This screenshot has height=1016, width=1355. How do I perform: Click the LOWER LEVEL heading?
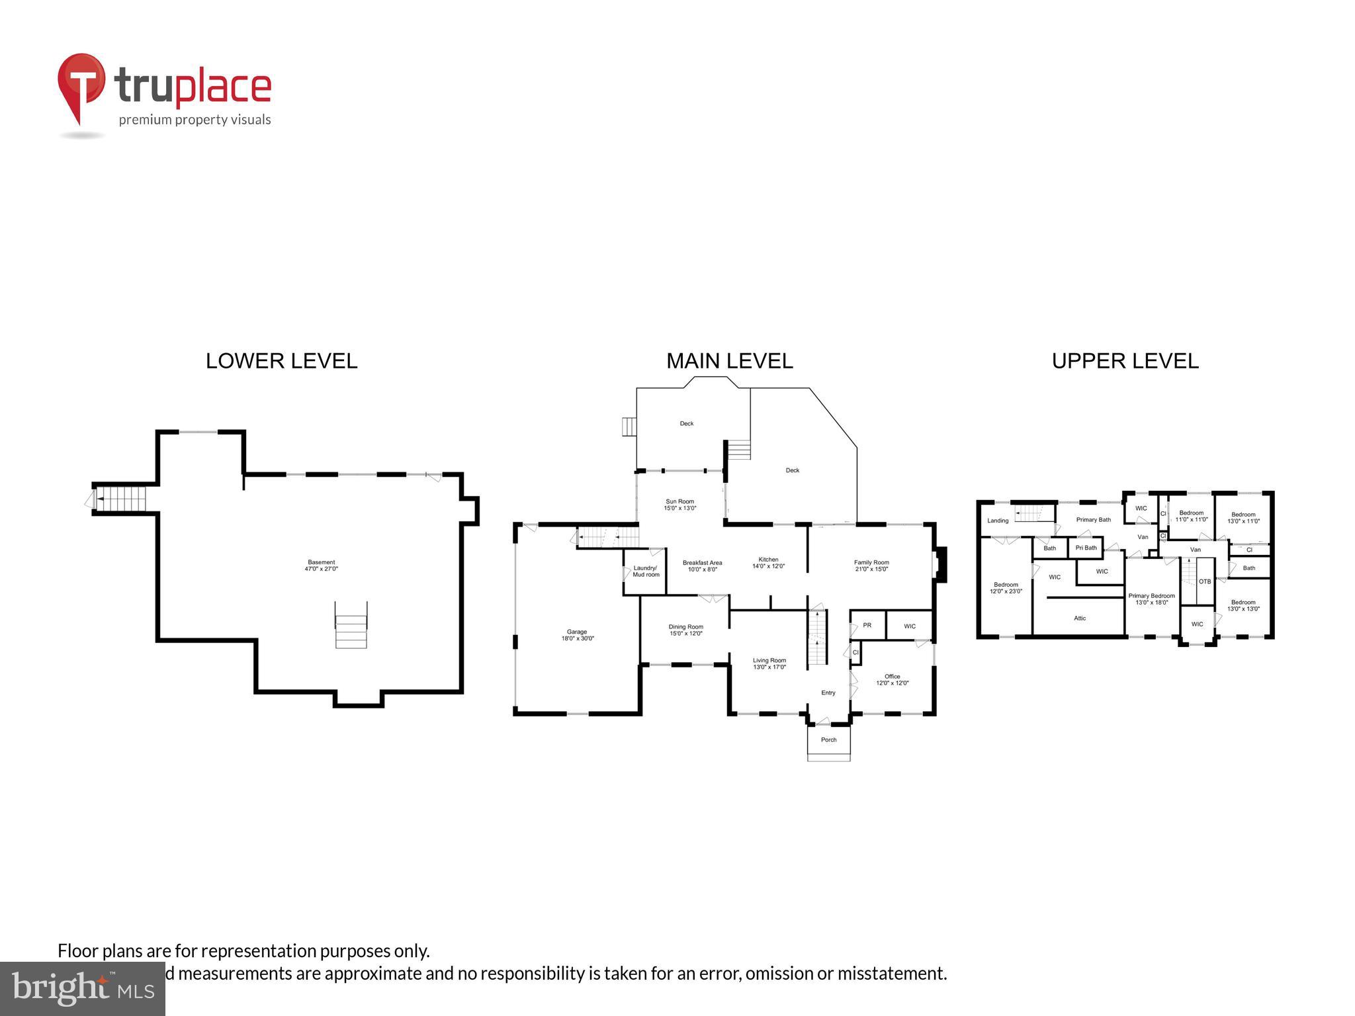[281, 361]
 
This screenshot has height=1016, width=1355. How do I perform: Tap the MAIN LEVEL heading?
[729, 361]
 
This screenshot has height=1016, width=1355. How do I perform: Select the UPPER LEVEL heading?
[1125, 361]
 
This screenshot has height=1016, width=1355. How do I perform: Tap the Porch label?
[828, 740]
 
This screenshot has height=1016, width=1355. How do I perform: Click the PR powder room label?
[867, 625]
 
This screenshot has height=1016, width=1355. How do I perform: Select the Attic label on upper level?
[1080, 618]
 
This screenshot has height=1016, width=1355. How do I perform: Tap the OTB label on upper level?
[1205, 581]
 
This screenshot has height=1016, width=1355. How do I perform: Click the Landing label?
[998, 521]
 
